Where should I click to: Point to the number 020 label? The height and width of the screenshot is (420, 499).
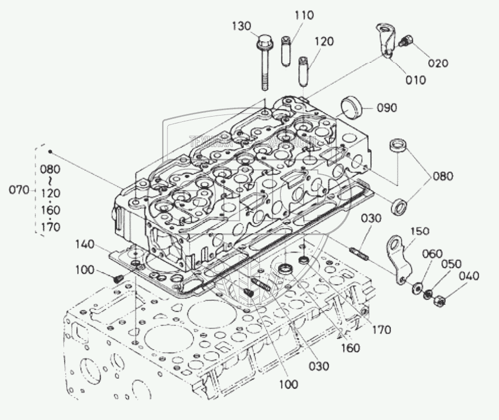click(x=438, y=63)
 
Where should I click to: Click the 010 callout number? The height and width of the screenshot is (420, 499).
click(x=415, y=80)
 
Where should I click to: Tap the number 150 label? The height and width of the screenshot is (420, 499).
click(x=419, y=231)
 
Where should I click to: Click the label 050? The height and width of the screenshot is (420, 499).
click(x=451, y=264)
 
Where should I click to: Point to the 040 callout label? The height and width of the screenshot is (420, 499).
click(x=469, y=275)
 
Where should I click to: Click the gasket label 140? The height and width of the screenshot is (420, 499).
click(x=84, y=244)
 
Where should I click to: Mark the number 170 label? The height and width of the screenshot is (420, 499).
click(x=381, y=330)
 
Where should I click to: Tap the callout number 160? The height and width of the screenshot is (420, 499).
click(x=350, y=348)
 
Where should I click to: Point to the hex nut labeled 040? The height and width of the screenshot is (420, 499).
click(x=438, y=301)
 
